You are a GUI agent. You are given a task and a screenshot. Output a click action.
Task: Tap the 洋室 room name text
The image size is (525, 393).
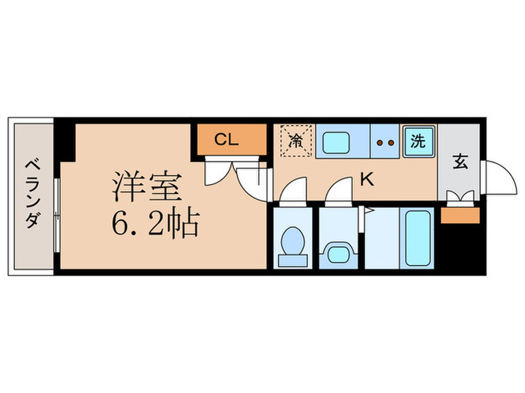click(142, 187)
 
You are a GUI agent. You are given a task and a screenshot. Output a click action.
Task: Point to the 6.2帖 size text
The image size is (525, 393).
click(156, 223)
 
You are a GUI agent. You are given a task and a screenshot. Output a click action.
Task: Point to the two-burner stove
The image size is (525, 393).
click(385, 141)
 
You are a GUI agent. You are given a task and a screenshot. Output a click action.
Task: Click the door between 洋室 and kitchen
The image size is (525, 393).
click(255, 180)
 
